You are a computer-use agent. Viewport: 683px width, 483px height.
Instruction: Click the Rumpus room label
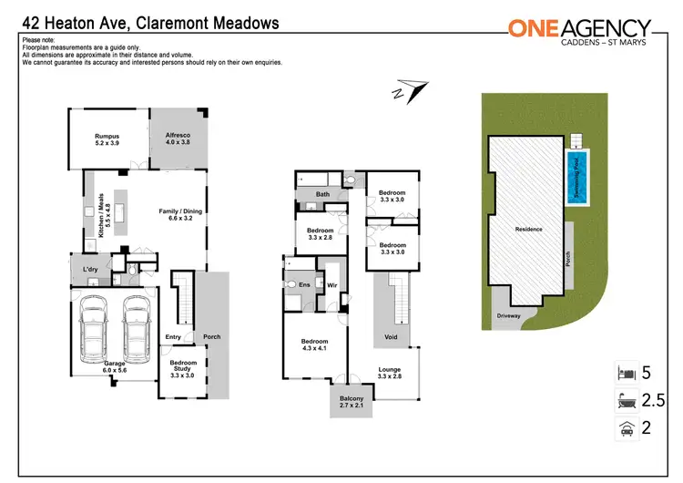107,140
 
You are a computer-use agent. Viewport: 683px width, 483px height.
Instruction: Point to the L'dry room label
90,270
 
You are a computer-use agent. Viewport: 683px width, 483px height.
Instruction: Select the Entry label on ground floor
173,337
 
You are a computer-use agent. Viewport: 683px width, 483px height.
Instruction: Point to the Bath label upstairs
322,193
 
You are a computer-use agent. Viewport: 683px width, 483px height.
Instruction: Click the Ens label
304,283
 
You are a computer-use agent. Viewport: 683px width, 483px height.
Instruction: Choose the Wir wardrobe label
331,283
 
